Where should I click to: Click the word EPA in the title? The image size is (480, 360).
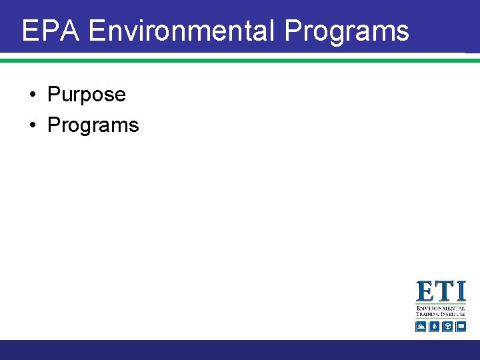[51, 31]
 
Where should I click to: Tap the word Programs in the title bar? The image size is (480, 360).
[347, 31]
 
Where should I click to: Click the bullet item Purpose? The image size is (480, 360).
[86, 95]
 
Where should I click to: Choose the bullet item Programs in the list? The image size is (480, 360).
[93, 125]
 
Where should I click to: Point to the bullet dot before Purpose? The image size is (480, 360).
[33, 95]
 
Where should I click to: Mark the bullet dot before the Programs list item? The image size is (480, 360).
[33, 126]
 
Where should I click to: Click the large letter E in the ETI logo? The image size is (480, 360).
[427, 292]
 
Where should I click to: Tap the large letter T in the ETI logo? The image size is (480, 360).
[445, 292]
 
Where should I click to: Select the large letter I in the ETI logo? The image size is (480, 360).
[460, 292]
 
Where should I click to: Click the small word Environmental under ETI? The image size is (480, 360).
[441, 309]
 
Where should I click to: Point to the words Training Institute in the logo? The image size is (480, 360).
[441, 314]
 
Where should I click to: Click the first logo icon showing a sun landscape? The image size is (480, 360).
[421, 326]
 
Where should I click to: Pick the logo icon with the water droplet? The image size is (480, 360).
[434, 326]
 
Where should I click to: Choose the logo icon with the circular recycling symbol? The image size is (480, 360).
[447, 326]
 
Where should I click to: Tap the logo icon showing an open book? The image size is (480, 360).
[461, 326]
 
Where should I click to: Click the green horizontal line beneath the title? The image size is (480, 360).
[240, 60]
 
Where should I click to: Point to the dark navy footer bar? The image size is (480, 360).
[240, 349]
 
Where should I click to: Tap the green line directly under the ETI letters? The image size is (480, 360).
[441, 304]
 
